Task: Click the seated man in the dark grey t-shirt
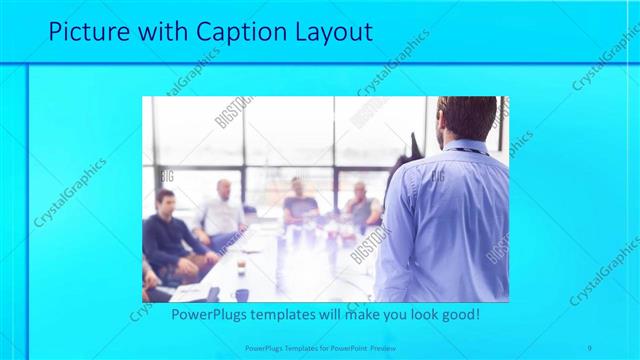tap(299, 205)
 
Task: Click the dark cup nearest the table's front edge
tap(241, 294)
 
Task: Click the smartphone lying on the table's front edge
tap(212, 293)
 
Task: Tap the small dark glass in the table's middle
tap(241, 265)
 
